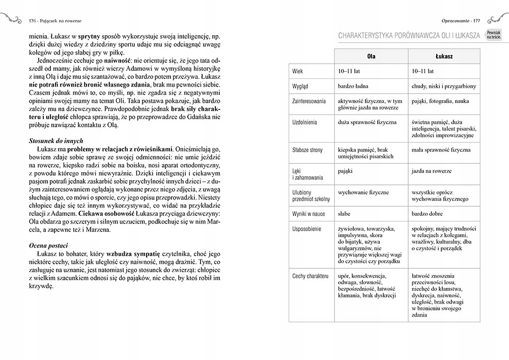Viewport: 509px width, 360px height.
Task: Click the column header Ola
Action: (x=371, y=56)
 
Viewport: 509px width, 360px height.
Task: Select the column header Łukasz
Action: (x=444, y=56)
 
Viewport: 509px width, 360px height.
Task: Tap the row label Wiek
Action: (x=298, y=71)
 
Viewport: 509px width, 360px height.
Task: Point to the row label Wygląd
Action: (x=300, y=87)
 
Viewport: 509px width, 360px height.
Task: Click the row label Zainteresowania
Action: (x=309, y=101)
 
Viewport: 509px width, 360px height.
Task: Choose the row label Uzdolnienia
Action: (x=305, y=123)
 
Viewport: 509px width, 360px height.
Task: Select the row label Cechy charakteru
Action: (x=310, y=276)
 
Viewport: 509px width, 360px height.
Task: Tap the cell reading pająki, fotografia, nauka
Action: (x=440, y=101)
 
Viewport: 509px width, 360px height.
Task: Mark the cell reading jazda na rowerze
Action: (x=432, y=171)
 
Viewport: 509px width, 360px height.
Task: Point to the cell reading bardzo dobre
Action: (x=427, y=214)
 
